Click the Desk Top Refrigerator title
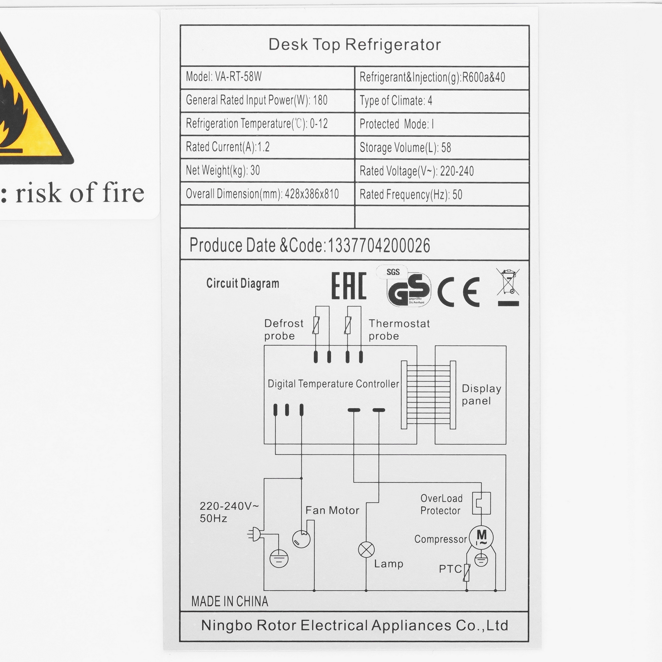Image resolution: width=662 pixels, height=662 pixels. tap(354, 45)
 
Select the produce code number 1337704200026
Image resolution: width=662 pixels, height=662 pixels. tap(379, 245)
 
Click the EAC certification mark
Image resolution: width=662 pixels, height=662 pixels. tap(349, 285)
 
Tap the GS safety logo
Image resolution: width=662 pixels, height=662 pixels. tap(408, 289)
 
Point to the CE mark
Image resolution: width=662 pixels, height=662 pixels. tap(458, 292)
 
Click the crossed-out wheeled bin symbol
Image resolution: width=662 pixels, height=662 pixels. tap(508, 286)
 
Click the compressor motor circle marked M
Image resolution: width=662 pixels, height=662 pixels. tap(481, 537)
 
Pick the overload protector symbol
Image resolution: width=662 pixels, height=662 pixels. tap(481, 503)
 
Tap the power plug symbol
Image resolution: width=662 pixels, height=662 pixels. tap(255, 535)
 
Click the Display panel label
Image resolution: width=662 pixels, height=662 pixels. tap(481, 395)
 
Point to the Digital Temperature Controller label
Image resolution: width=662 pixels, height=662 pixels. tap(333, 384)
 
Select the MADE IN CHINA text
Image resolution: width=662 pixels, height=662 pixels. tap(230, 602)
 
